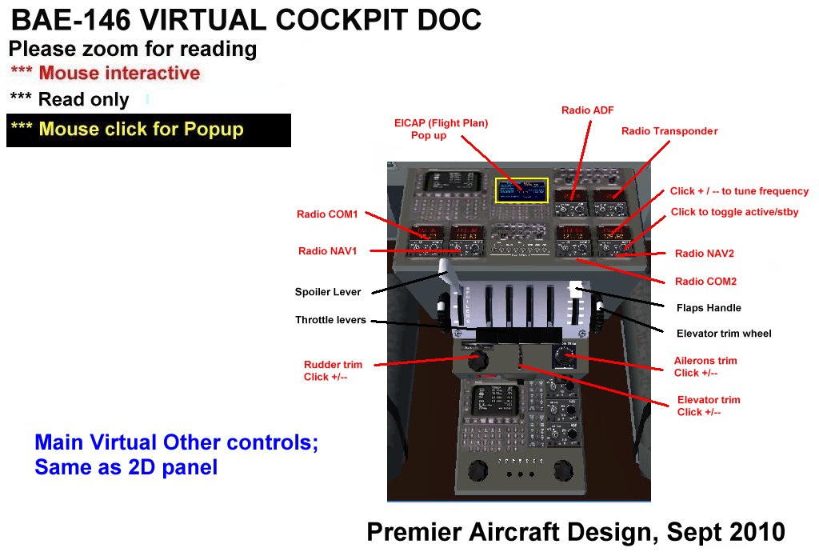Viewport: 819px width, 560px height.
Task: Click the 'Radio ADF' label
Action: (587, 110)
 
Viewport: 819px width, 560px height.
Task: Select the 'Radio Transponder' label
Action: (669, 130)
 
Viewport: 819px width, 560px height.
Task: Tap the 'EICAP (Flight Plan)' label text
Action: (441, 123)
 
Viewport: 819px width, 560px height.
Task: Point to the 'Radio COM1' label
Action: (327, 214)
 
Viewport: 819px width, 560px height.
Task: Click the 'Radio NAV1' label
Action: (327, 251)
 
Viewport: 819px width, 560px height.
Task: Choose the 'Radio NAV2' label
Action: (704, 254)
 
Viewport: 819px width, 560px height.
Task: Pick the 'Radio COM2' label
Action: (705, 282)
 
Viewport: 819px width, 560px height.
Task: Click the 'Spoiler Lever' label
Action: (328, 292)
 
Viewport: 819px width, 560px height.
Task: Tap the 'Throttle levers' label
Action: (330, 320)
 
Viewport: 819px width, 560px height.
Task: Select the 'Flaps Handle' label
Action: (709, 307)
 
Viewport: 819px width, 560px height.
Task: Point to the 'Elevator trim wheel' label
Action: (724, 334)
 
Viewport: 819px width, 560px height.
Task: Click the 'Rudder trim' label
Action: (334, 364)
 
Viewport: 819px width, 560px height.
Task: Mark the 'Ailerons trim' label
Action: (705, 361)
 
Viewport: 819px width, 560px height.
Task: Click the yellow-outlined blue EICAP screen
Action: (521, 190)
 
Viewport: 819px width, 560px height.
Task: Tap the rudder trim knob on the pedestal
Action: (477, 362)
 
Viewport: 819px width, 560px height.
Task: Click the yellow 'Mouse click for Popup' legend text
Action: (141, 130)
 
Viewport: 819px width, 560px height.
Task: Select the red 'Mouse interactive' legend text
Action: (119, 74)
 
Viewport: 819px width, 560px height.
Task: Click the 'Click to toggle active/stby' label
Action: (734, 212)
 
